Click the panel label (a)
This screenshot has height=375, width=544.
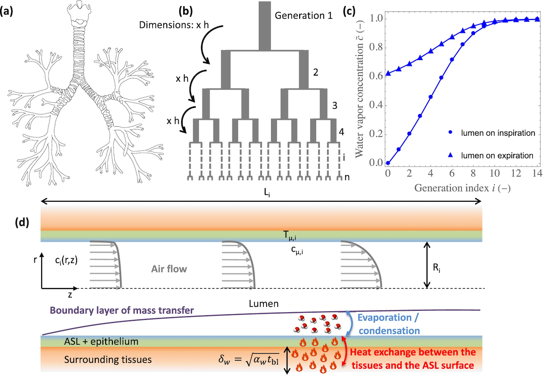(6, 11)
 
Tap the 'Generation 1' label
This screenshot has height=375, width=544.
(303, 15)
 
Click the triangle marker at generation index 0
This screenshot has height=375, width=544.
(388, 73)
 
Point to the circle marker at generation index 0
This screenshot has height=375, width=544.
(388, 163)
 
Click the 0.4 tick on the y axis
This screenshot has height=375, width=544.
(376, 105)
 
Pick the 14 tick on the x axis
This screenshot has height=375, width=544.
(537, 173)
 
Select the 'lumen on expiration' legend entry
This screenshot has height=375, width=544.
(491, 155)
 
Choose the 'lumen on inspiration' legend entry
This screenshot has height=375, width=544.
(491, 133)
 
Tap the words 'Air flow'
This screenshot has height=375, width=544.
(169, 269)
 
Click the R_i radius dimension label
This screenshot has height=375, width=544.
(437, 268)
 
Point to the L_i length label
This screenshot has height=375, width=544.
(267, 193)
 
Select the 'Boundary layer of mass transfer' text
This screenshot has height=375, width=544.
(121, 310)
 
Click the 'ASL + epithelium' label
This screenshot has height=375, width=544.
(101, 342)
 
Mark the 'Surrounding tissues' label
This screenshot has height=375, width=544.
(108, 360)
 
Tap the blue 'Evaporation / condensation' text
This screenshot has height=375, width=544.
(389, 324)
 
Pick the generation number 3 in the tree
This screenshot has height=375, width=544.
(335, 105)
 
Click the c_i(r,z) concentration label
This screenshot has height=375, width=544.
(66, 261)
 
